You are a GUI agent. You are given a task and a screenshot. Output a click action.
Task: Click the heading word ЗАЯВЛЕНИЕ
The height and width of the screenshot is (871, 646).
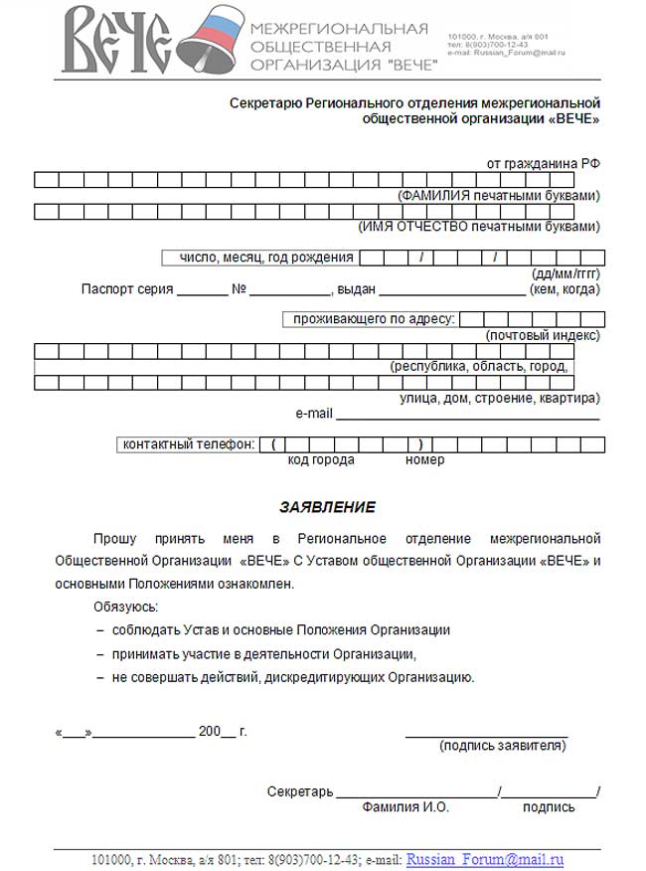327,507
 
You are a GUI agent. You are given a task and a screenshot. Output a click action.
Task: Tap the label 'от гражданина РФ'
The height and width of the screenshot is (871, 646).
543,162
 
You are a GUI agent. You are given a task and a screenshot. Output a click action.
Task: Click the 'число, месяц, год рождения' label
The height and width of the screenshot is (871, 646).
265,258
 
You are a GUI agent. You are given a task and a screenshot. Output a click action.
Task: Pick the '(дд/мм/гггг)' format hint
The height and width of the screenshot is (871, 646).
566,273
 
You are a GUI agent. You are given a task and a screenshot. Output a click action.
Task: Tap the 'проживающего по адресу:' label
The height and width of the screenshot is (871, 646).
373,319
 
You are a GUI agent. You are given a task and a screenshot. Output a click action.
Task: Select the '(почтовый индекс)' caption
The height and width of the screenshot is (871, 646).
543,336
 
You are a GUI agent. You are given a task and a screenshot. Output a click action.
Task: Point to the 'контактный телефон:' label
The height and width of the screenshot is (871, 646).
189,443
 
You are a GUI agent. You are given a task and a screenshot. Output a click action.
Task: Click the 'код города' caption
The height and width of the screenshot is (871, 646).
321,460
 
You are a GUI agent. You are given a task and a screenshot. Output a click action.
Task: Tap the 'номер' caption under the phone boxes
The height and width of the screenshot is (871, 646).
424,460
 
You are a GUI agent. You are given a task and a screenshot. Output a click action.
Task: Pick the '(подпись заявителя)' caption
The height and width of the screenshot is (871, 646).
503,746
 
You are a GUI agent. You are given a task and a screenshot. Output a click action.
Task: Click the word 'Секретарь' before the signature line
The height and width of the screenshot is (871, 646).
299,791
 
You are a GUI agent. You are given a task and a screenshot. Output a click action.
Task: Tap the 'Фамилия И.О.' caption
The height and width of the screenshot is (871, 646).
405,807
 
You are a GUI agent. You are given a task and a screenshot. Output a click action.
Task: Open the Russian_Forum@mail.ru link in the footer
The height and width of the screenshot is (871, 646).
485,859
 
